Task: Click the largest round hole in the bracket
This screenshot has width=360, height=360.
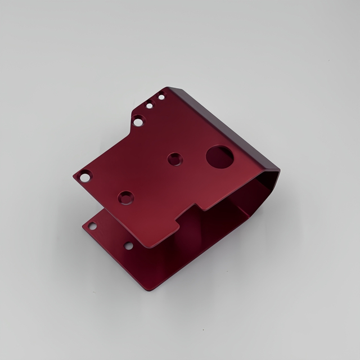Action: point(220,157)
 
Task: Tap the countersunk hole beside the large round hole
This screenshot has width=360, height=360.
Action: point(175,159)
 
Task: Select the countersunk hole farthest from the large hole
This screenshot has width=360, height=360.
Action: point(125,197)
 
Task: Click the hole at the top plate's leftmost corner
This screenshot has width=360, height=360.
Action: point(85,177)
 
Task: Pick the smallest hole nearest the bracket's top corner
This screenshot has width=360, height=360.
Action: point(161,97)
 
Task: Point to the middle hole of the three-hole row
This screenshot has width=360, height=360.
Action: point(150,105)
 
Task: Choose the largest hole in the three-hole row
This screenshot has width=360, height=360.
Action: point(138,120)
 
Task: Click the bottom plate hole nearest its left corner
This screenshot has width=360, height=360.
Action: point(92,226)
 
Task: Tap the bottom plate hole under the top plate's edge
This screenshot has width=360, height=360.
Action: point(128,246)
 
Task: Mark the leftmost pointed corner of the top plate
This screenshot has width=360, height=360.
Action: point(73,177)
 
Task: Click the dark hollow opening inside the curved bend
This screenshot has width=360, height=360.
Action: point(247,197)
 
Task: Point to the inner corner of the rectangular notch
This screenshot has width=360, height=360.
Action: point(179,220)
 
